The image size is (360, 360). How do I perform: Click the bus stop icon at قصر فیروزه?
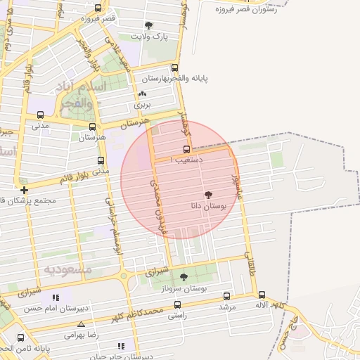click(98, 8)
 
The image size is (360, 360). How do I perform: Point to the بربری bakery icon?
click(143, 94)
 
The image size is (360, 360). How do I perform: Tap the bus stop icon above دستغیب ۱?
click(186, 149)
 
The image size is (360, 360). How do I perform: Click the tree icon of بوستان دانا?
click(208, 194)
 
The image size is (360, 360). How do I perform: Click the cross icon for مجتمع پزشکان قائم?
click(25, 190)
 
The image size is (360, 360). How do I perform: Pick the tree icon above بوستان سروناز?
click(184, 276)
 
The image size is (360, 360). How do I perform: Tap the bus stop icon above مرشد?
click(226, 296)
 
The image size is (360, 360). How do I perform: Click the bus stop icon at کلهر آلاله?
click(262, 295)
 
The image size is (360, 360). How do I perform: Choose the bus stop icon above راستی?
click(176, 305)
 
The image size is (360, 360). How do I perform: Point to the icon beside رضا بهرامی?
click(82, 324)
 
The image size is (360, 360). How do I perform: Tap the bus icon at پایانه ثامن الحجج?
click(20, 337)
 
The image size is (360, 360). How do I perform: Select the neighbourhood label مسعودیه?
click(68, 270)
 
